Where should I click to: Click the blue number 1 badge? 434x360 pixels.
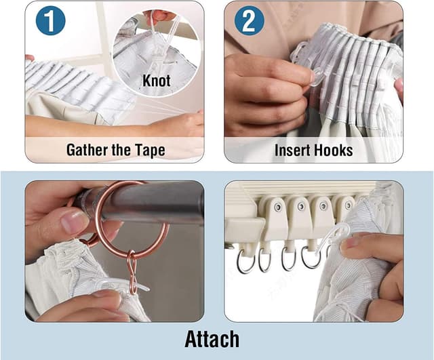click(x=50, y=21)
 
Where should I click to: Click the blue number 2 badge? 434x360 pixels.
click(x=249, y=21)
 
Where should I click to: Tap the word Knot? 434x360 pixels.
click(x=157, y=81)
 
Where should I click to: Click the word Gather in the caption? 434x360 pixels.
click(x=87, y=150)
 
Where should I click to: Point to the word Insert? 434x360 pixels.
click(x=292, y=151)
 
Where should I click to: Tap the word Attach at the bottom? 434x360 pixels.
click(x=212, y=339)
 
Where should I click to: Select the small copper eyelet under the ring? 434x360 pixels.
click(x=132, y=271)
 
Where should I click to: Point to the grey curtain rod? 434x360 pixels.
click(x=144, y=202)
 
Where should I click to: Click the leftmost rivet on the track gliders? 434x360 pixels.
click(x=277, y=207)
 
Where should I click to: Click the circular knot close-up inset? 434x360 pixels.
click(x=156, y=54)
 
